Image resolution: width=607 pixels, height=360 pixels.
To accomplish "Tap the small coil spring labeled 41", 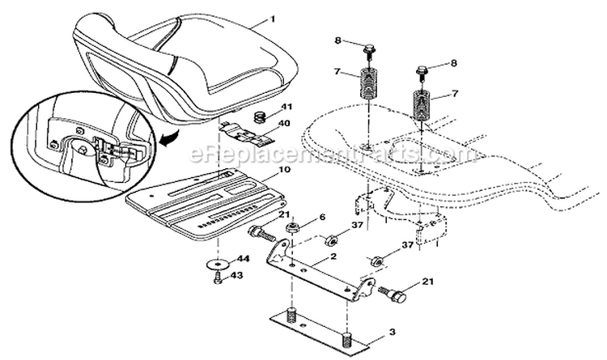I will [x=259, y=117].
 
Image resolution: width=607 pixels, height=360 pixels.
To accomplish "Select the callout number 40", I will [x=283, y=125].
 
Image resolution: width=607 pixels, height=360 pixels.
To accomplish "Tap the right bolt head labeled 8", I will [x=422, y=71].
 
